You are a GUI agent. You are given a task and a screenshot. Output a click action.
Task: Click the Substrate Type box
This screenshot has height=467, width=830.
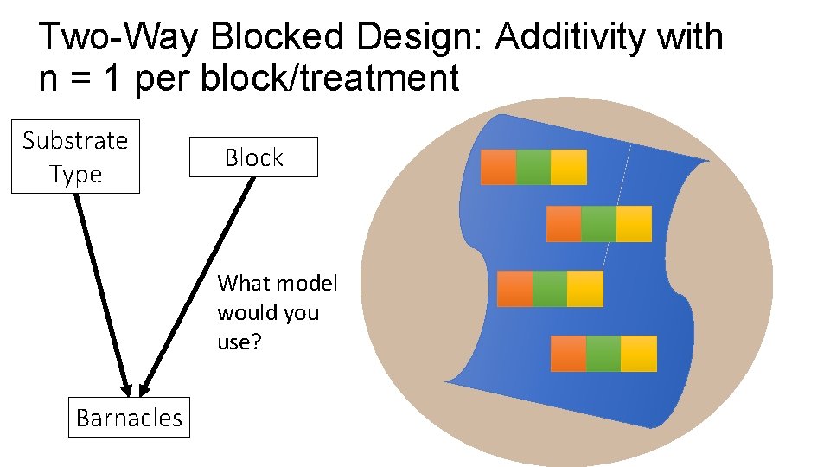75,157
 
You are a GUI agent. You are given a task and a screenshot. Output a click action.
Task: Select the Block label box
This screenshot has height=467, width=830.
253,157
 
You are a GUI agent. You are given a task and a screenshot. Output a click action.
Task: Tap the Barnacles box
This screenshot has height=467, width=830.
129,418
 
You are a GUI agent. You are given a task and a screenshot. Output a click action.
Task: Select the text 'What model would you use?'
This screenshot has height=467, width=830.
278,312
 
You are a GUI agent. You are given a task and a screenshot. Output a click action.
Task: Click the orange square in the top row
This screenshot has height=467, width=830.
498,167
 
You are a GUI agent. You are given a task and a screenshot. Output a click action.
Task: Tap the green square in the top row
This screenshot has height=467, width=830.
533,167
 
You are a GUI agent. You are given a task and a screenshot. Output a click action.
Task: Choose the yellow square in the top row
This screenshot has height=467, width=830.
568,167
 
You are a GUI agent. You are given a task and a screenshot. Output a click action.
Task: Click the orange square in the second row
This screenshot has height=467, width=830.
564,224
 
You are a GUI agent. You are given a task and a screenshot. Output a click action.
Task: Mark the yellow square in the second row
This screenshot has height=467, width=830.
634,224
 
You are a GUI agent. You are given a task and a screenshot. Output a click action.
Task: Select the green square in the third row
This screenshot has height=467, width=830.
550,288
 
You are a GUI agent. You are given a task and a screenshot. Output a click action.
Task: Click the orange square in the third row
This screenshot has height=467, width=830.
515,288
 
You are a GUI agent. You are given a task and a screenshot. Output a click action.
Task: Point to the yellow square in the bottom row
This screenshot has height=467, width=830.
639,353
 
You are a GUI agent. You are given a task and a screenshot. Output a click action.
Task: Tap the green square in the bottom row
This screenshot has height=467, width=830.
603,353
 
